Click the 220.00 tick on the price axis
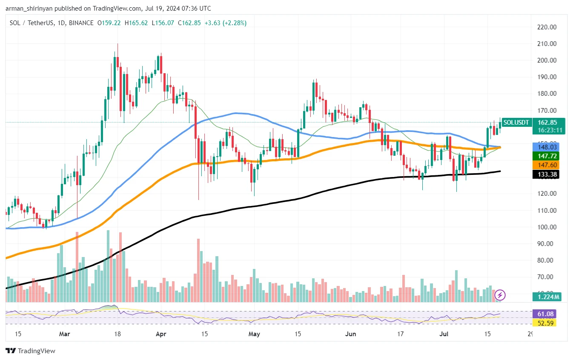[x=547, y=27]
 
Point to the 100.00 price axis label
[x=547, y=227]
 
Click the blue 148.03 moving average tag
[x=548, y=147]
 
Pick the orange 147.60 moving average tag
[x=548, y=165]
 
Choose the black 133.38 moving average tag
[x=548, y=174]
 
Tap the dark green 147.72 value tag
[x=548, y=156]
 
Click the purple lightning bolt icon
[x=500, y=295]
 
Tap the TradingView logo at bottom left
[x=30, y=351]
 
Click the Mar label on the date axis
[x=65, y=334]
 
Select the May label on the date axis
[x=254, y=334]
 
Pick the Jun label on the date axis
[x=350, y=334]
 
